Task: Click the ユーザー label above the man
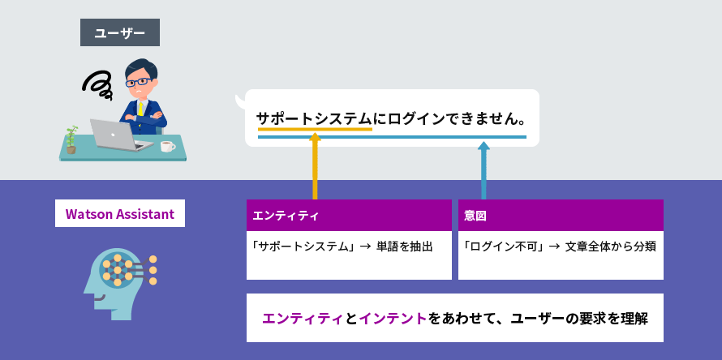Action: coord(120,32)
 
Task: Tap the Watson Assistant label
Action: coord(120,213)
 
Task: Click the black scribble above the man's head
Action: coord(97,86)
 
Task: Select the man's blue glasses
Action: coord(138,83)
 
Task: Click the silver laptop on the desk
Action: coord(121,135)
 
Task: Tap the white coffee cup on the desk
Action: coord(167,147)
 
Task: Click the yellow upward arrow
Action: coord(315,166)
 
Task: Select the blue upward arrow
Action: coord(483,170)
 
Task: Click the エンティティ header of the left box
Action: coord(286,216)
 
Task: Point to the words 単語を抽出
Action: coord(404,246)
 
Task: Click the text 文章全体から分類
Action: coord(610,246)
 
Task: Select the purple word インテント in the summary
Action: coord(393,318)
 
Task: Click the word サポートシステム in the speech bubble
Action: coord(314,119)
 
